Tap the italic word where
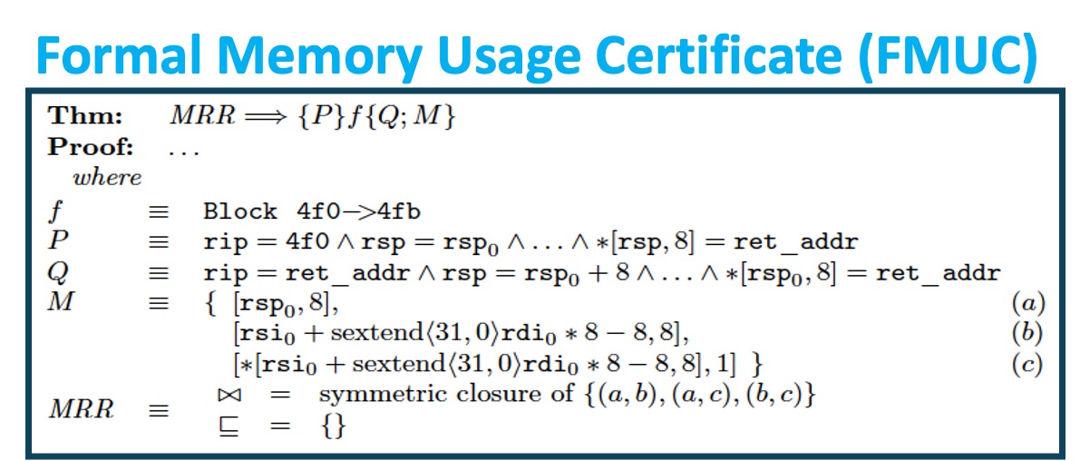click(107, 177)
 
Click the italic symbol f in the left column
click(55, 211)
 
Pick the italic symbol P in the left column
click(57, 242)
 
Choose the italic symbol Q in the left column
click(56, 272)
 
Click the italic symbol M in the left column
click(60, 301)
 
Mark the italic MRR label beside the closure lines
click(82, 409)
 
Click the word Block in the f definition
click(240, 211)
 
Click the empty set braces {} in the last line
click(333, 426)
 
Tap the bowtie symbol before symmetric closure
click(227, 395)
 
